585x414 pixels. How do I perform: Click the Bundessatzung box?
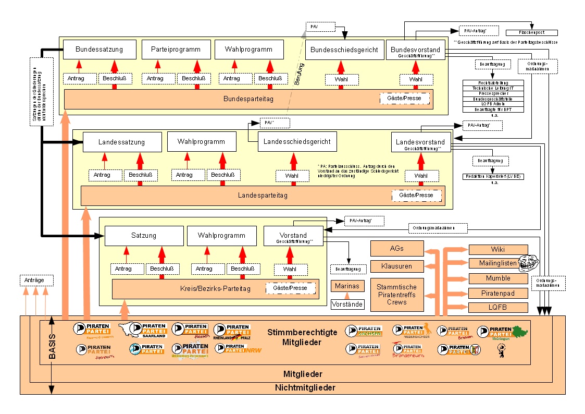(x=99, y=50)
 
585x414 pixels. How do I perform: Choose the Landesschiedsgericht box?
(x=297, y=141)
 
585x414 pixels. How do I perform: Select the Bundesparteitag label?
(x=248, y=99)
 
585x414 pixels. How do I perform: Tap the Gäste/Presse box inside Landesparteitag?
(x=416, y=196)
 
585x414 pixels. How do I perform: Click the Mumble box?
(x=498, y=278)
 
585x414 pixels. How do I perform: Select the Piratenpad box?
(x=498, y=293)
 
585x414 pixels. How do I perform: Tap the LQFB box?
(x=498, y=308)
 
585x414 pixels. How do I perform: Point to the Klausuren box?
(x=396, y=266)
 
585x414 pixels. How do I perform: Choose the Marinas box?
(x=347, y=286)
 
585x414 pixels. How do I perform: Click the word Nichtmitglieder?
(x=305, y=388)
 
